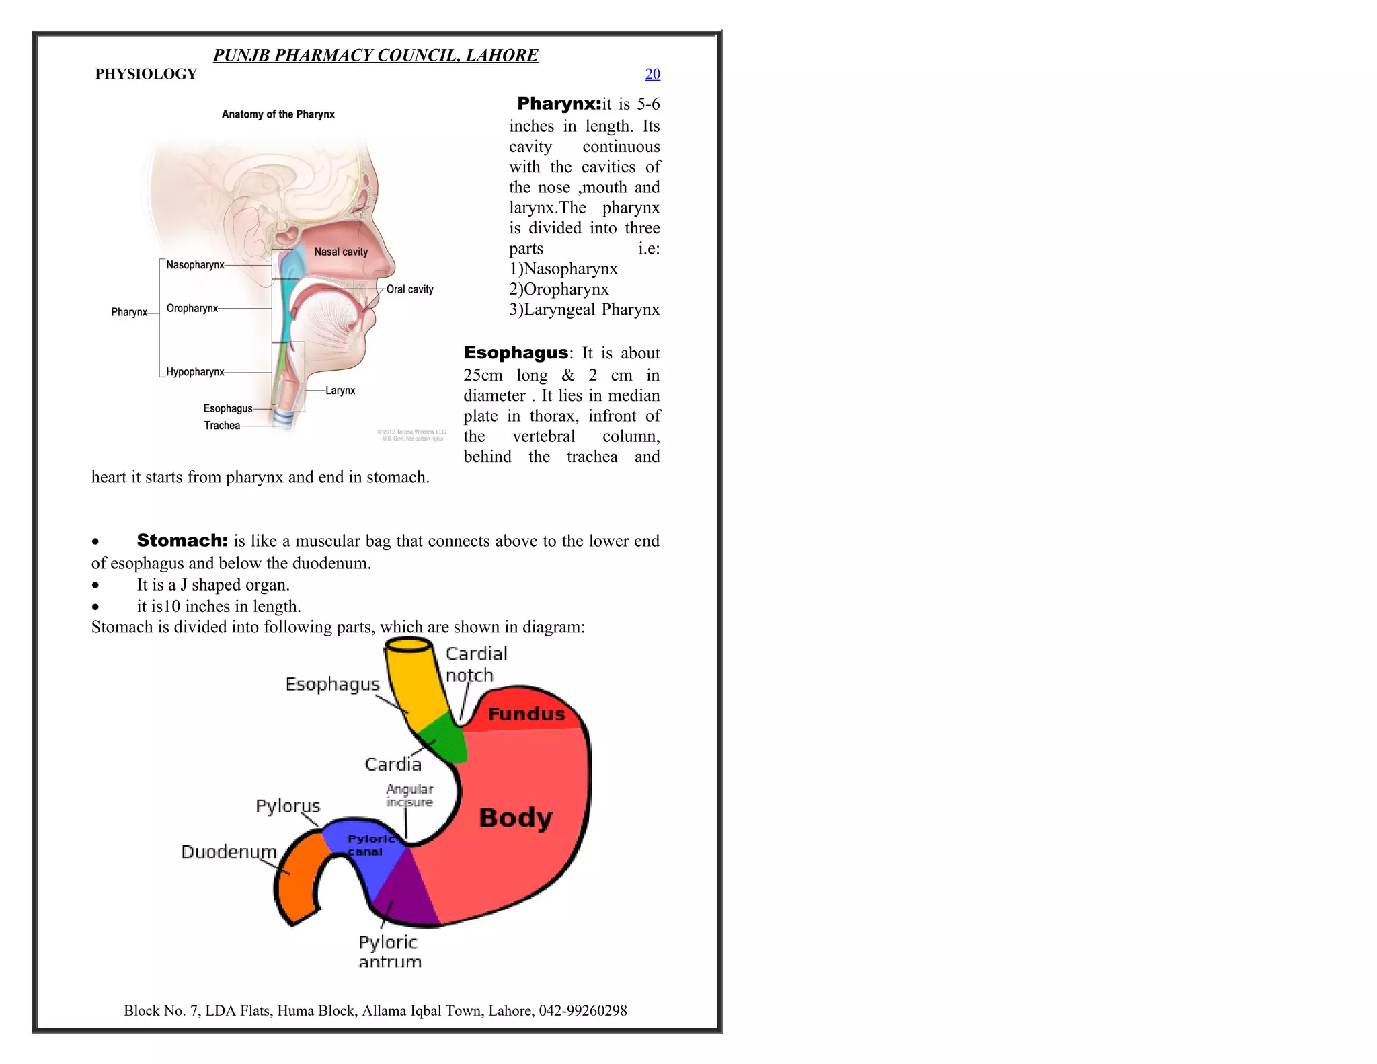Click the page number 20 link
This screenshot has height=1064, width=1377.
(x=652, y=74)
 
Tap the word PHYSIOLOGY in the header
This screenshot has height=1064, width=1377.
(x=146, y=74)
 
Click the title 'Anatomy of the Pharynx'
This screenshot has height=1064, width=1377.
(x=278, y=114)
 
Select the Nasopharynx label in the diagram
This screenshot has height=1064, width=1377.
(x=195, y=265)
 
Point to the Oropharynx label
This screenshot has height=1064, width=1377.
(x=192, y=309)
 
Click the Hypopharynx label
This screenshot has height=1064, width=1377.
(x=195, y=372)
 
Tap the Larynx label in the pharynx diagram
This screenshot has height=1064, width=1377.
(x=340, y=391)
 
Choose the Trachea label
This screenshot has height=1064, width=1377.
(x=222, y=426)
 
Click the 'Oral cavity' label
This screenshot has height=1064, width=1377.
(x=409, y=289)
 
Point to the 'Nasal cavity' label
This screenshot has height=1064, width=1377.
(x=341, y=252)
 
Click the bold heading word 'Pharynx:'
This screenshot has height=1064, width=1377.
(x=559, y=104)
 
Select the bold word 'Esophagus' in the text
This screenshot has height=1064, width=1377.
(x=516, y=352)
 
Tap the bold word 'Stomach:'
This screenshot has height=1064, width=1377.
(x=182, y=541)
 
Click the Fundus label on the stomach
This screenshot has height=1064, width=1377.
(x=526, y=714)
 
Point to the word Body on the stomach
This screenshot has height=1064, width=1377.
(x=516, y=818)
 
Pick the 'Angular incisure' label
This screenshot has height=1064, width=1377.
(x=409, y=795)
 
